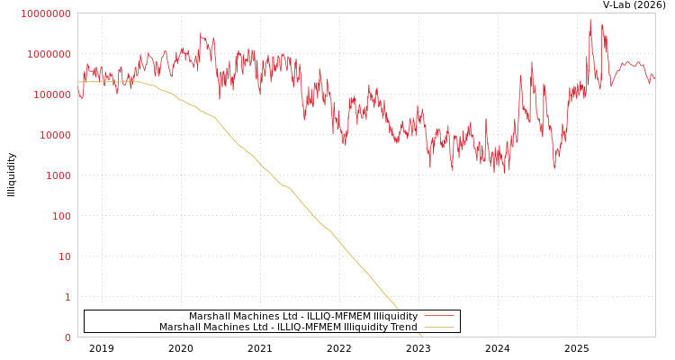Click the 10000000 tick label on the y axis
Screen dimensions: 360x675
pos(45,13)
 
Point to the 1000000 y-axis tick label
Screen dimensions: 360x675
pos(49,54)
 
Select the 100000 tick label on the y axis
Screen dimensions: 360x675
pos(51,94)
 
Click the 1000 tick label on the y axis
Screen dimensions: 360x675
pos(58,175)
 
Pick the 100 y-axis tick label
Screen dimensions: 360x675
pos(61,216)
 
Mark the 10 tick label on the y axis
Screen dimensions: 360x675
pos(65,256)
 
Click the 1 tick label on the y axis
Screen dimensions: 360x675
pos(67,297)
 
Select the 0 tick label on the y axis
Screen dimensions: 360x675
pos(67,337)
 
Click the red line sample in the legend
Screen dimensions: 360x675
pos(438,316)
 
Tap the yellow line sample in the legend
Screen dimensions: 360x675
pos(438,327)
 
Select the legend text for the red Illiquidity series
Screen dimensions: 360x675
pos(302,316)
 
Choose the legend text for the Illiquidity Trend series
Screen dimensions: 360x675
pos(288,327)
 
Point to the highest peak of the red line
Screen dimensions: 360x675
pos(590,20)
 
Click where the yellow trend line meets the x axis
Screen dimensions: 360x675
pos(421,337)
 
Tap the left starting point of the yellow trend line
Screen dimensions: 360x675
pos(78,82)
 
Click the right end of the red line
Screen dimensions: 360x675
pos(654,78)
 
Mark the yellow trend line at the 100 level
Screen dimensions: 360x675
pos(312,216)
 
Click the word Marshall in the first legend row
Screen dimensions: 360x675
pos(209,316)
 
